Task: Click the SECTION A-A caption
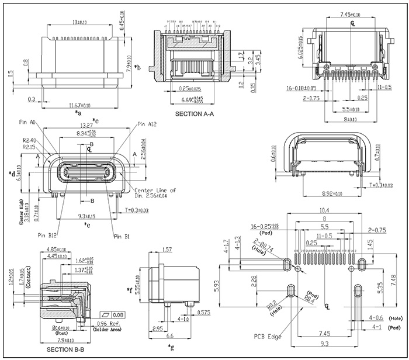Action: [195, 114]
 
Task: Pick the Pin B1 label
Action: [122, 236]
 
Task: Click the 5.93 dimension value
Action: [217, 286]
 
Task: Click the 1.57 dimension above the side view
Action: [167, 250]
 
